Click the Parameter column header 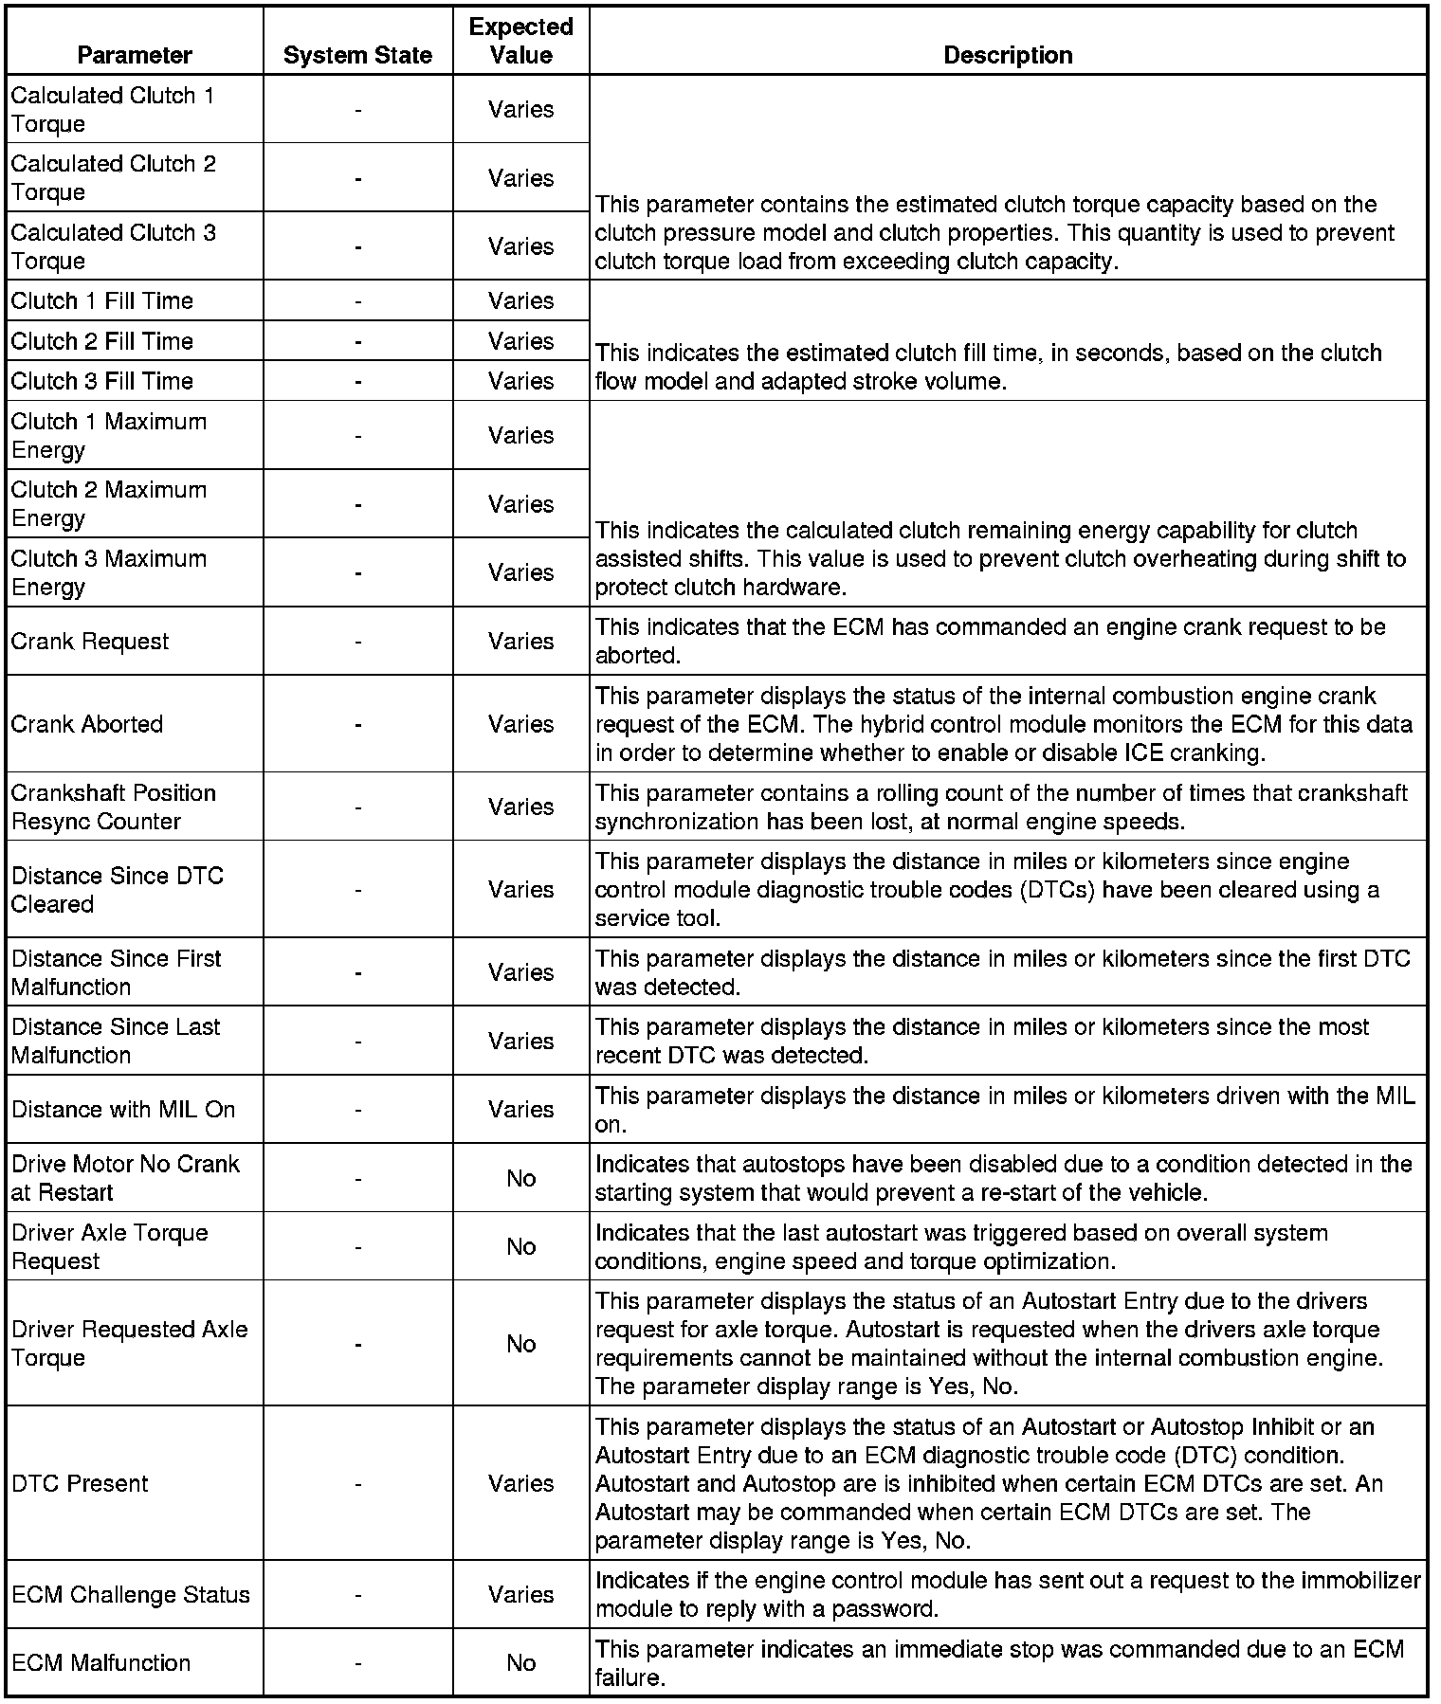[x=135, y=55]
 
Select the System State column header [x=357, y=55]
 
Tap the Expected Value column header [x=520, y=41]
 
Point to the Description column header [x=1008, y=55]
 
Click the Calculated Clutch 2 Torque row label [x=114, y=177]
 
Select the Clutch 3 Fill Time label [x=102, y=381]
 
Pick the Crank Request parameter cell [x=90, y=641]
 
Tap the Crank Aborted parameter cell [x=87, y=724]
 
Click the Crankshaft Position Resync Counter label [x=114, y=807]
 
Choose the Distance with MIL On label [x=123, y=1109]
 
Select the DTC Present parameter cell [x=81, y=1483]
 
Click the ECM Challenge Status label [x=131, y=1594]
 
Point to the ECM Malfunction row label [x=101, y=1662]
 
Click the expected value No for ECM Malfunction [x=520, y=1662]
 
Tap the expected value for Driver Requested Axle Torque [x=520, y=1344]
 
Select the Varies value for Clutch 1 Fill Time [x=520, y=300]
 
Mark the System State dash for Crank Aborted [x=357, y=724]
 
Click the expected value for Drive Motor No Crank [x=520, y=1178]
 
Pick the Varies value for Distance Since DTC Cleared [x=520, y=889]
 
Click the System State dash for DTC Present [x=357, y=1483]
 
